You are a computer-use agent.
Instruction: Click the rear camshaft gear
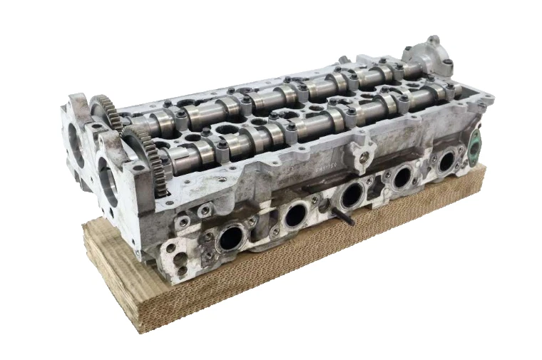click(x=102, y=108)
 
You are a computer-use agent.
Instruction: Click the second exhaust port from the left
click(x=295, y=216)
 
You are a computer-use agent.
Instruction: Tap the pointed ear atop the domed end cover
click(x=433, y=40)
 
